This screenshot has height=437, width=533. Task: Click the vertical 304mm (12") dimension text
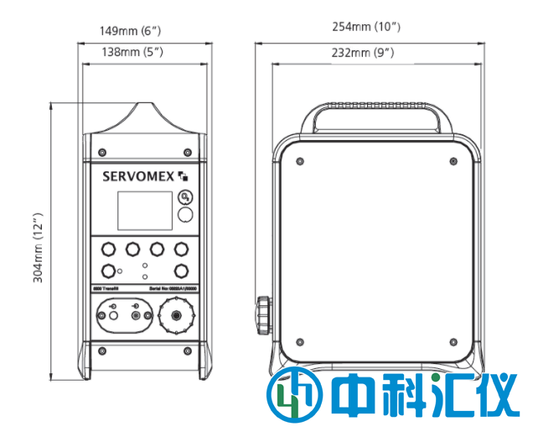(39, 248)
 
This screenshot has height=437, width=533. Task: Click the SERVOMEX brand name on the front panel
(137, 176)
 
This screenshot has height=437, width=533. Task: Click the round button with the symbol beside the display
(185, 199)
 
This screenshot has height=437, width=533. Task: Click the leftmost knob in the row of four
(107, 249)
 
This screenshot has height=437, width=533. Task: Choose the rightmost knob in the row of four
(180, 249)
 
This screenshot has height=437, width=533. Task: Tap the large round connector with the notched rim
(176, 316)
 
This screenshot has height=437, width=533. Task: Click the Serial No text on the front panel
(171, 288)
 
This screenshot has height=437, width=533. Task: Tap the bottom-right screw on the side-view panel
(453, 342)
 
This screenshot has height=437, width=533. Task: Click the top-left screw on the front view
(101, 152)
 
